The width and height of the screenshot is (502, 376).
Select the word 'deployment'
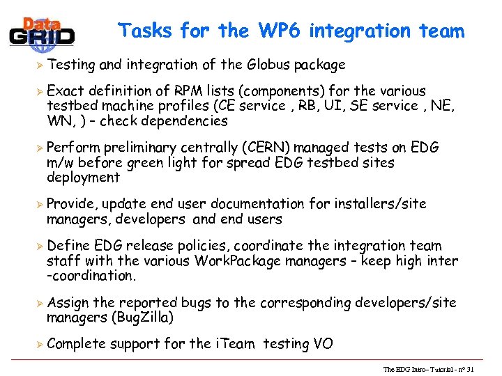tap(83, 178)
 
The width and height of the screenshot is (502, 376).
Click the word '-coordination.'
tap(91, 275)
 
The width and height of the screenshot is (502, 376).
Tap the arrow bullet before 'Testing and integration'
tap(39, 65)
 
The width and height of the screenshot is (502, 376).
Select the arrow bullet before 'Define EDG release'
tap(39, 246)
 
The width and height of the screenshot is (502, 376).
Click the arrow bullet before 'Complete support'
tap(39, 344)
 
